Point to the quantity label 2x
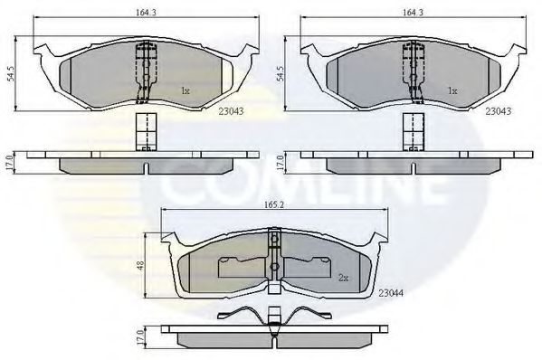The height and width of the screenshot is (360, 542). [x=343, y=278]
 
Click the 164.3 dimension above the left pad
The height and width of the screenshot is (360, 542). [x=138, y=13]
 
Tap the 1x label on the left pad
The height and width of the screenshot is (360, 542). [x=185, y=90]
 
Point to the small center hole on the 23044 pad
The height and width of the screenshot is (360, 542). [x=272, y=268]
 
